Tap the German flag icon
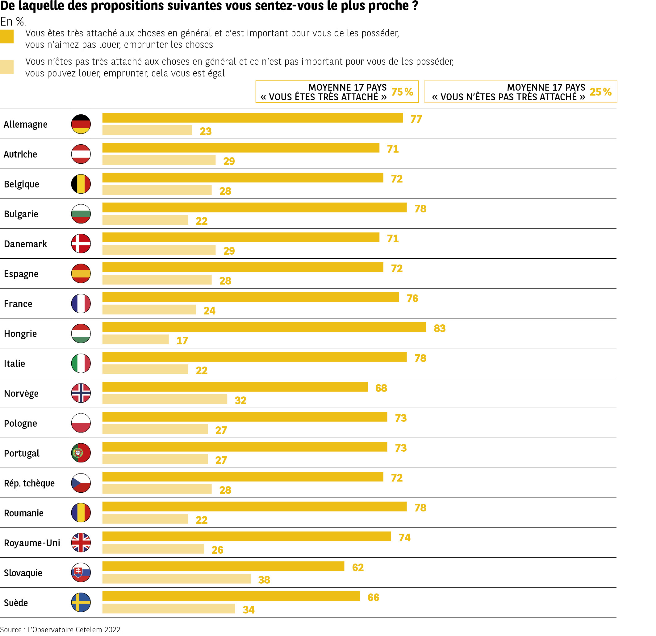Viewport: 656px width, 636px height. click(81, 124)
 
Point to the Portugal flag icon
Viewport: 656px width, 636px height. click(81, 453)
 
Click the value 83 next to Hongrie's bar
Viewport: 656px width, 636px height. click(440, 328)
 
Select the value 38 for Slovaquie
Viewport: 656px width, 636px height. click(264, 580)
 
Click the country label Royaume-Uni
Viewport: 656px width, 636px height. click(32, 543)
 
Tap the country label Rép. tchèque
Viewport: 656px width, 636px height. click(29, 483)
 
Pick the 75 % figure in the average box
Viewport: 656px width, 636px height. click(402, 92)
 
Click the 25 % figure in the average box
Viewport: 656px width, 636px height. click(600, 92)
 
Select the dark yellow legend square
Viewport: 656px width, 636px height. click(7, 36)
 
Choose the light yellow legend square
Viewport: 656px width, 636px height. click(7, 67)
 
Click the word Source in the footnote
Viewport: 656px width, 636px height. click(11, 630)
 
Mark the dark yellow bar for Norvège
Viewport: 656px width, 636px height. click(235, 387)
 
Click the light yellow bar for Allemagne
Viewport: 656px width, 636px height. click(147, 130)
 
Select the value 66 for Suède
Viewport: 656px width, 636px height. click(373, 597)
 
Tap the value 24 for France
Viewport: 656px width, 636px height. click(210, 311)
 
